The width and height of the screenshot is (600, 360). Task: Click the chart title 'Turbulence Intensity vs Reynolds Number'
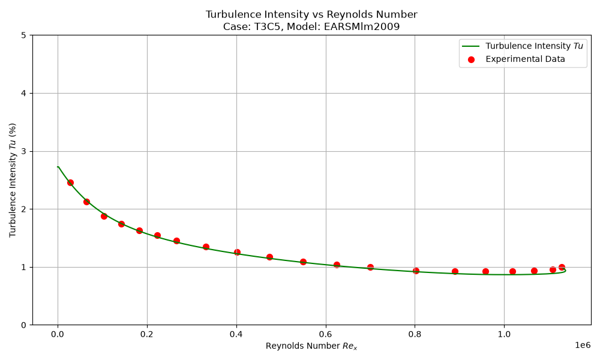(311, 14)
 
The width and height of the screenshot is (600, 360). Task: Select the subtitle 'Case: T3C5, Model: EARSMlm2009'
(311, 27)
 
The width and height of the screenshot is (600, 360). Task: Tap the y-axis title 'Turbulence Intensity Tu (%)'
(13, 180)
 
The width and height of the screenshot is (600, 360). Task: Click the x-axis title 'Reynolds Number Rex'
(311, 346)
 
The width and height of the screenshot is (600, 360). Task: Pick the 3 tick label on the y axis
(24, 151)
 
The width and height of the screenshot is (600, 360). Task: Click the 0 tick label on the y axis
(24, 325)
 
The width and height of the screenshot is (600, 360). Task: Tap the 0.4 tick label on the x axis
(236, 334)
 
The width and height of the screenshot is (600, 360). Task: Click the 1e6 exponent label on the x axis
(583, 345)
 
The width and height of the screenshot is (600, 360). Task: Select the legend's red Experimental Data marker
(471, 59)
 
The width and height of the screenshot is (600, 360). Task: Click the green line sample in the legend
(470, 46)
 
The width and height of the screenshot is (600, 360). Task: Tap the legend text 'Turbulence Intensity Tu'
(534, 46)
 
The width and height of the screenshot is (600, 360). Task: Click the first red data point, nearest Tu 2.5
(70, 182)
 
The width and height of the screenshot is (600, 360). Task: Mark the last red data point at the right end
(562, 268)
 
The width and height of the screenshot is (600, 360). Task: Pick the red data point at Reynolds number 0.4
(237, 252)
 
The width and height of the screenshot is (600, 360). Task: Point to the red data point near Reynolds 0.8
(416, 271)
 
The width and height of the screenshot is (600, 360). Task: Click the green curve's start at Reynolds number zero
(58, 167)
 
